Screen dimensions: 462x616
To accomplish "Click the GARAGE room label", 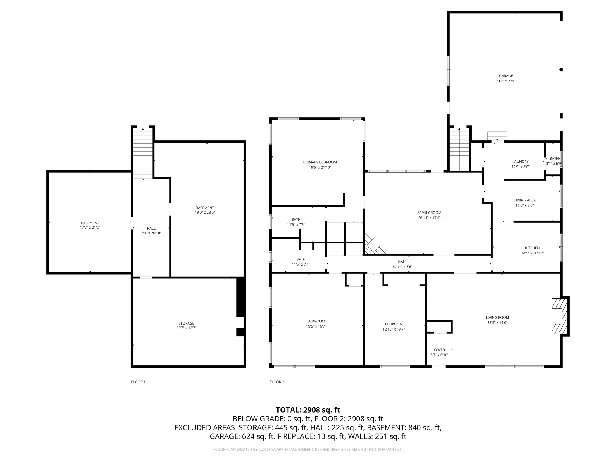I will coord(506,76).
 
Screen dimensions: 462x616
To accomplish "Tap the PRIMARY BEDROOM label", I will coord(320,162).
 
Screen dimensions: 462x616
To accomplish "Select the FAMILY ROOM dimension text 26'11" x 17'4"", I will coord(429,218).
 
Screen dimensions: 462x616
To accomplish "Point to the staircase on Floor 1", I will coord(143,153).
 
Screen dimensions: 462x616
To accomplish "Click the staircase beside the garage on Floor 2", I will coord(459,149).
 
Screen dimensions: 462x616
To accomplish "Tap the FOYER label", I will coord(439,350).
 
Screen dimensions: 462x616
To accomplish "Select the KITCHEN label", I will coord(532,248).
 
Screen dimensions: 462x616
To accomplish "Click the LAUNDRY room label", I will coord(520,162).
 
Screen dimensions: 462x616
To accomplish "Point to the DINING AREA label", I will coord(524,200).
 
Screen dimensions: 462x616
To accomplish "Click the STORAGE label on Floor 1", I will coord(186,323).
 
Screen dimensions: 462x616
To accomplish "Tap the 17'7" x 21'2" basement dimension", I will coord(90,228).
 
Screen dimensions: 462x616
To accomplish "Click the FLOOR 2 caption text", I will coord(277,382).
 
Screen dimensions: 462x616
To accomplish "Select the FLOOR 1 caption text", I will coord(138,382).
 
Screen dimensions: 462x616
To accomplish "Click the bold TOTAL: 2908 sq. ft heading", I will coord(308,410).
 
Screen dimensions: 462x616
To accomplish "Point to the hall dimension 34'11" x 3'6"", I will coord(402,267).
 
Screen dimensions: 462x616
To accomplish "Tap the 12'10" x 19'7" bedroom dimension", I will coord(393,329).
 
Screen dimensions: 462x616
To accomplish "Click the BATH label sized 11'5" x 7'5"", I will coord(296,220).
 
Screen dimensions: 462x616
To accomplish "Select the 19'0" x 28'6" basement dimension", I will coord(205,212).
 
